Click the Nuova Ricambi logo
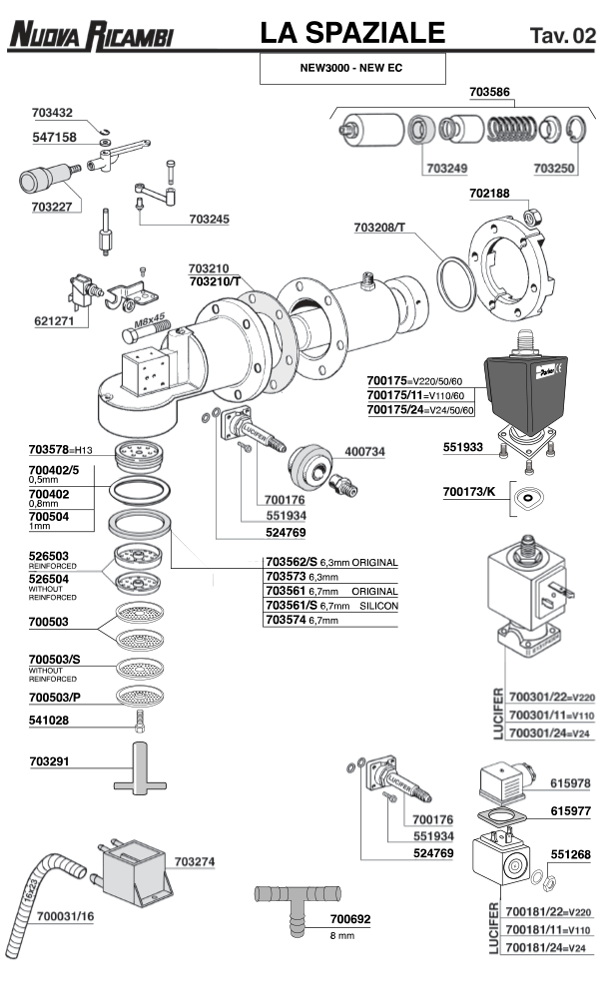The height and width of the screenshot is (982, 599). (91, 37)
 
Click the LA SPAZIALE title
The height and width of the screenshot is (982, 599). (351, 34)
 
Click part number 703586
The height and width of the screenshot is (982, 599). (489, 93)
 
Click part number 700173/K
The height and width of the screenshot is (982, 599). (468, 491)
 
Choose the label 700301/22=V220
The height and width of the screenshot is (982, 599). (548, 696)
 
